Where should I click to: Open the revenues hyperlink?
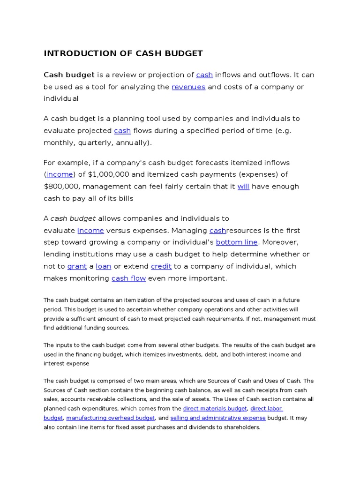188,87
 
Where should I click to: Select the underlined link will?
243,186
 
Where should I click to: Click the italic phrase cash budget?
73,218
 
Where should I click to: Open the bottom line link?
236,242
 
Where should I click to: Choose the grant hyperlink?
77,266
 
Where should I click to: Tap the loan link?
104,266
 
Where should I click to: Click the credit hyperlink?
161,266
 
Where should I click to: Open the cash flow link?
128,278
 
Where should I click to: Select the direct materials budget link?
215,408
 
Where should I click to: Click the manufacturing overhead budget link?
111,418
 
